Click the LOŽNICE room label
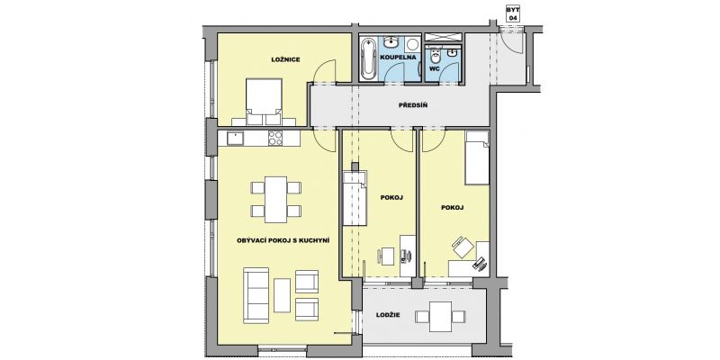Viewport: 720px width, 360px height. point(285,59)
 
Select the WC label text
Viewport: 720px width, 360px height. point(435,68)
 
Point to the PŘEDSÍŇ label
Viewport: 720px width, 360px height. point(413,105)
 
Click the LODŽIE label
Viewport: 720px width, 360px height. point(388,314)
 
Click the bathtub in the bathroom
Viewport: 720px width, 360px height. point(367,58)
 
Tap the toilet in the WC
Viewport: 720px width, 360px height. point(436,56)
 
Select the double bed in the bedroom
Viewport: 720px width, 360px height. point(264,102)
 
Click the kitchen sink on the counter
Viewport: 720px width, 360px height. point(235,138)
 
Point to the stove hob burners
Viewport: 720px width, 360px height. point(275,138)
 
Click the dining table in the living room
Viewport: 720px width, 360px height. point(276,199)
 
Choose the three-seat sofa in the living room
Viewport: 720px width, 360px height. point(256,295)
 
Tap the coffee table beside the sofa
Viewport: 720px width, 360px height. point(282,295)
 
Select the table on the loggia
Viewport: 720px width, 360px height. point(440,317)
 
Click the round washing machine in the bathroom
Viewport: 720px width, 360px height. point(412,45)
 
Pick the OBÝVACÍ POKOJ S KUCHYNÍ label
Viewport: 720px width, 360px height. point(283,240)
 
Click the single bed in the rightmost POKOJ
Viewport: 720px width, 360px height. point(477,157)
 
